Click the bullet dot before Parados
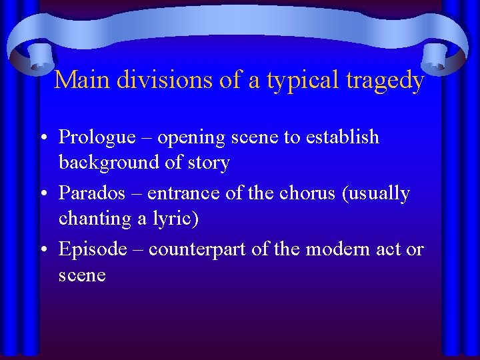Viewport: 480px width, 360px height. click(x=43, y=194)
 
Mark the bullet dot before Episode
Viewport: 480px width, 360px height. click(x=43, y=250)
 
